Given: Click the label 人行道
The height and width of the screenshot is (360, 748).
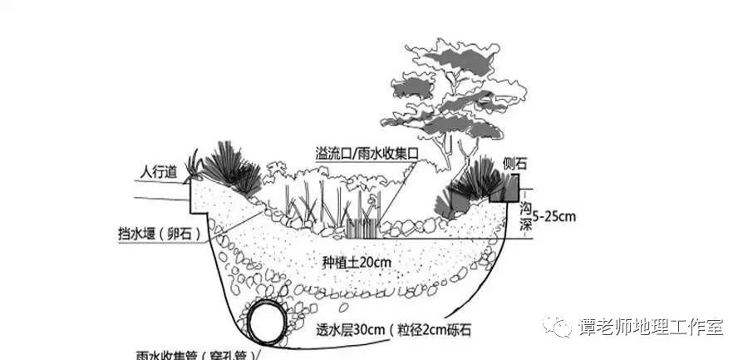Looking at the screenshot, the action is click(158, 172).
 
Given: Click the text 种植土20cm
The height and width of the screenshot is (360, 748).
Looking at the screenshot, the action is click(357, 262).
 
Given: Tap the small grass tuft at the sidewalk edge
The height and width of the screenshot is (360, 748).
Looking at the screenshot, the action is click(195, 165).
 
